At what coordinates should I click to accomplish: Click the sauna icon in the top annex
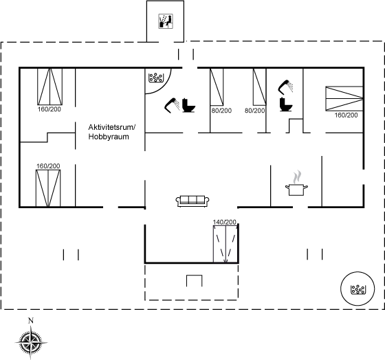click(166, 21)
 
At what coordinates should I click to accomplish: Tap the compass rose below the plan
click(31, 342)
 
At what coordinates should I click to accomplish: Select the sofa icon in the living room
click(192, 201)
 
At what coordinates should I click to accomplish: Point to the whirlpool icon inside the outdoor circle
click(357, 289)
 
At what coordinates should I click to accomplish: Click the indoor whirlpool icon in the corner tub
click(155, 78)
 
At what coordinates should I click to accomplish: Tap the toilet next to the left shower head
click(188, 105)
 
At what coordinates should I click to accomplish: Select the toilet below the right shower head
click(286, 104)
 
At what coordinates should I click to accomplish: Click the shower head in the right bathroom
click(285, 87)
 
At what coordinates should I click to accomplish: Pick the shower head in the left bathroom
click(172, 106)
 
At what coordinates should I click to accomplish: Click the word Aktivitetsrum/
click(112, 127)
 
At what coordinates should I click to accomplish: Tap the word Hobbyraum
click(109, 137)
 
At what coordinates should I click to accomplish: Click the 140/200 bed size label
click(225, 222)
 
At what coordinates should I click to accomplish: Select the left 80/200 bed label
click(221, 111)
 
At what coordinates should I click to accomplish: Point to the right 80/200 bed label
click(254, 111)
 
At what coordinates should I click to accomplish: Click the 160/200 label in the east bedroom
click(346, 115)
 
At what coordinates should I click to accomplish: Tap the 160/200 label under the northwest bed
click(49, 109)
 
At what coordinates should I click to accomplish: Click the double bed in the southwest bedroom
click(48, 188)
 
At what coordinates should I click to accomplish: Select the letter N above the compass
click(31, 320)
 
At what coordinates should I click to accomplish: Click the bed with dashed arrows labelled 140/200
click(225, 244)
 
